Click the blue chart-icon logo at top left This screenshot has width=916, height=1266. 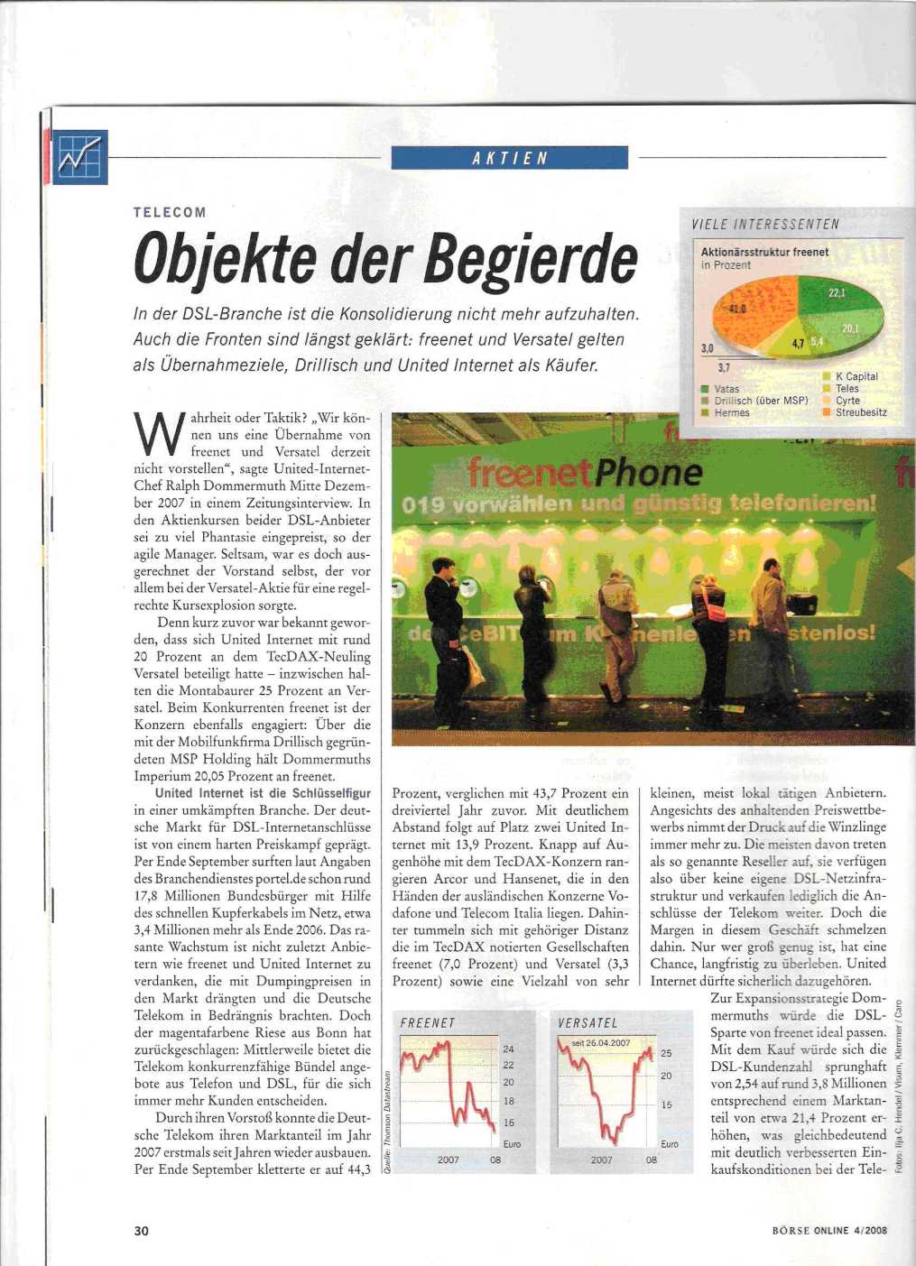[x=80, y=157]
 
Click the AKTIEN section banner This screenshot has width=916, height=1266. [x=510, y=158]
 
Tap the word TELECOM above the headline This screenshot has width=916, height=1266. [x=170, y=212]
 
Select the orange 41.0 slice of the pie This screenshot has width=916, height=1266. [x=748, y=308]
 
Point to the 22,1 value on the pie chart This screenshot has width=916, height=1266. [x=837, y=292]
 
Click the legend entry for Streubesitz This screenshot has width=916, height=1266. [x=861, y=412]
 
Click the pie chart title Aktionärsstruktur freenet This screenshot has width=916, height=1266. [x=764, y=252]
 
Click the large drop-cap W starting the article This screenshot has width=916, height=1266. [x=154, y=435]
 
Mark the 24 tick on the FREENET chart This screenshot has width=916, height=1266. [x=509, y=1049]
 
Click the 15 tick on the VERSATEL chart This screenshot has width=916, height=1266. [x=667, y=1104]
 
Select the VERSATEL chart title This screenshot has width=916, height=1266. [x=588, y=1023]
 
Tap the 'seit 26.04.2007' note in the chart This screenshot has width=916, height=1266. [x=601, y=1043]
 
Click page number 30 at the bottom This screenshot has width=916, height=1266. [x=141, y=1231]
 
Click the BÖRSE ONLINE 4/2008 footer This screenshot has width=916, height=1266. [x=831, y=1231]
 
